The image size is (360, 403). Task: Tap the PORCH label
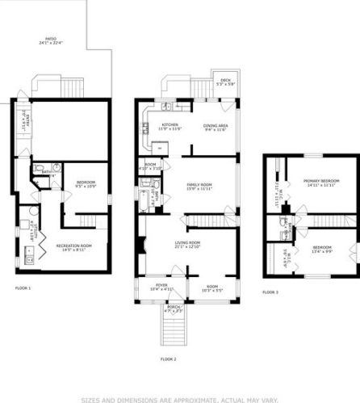point(173,306)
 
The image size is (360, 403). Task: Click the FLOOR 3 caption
point(271,292)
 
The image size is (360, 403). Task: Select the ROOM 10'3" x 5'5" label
point(212,287)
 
